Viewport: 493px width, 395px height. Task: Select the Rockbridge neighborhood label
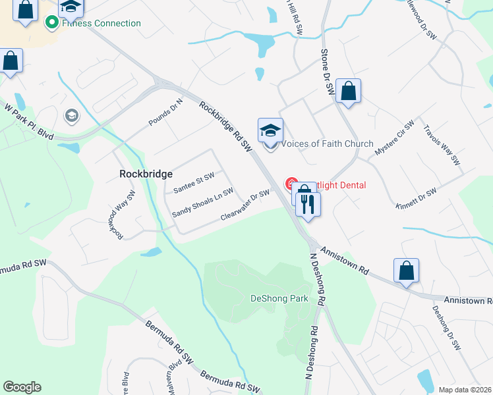point(146,174)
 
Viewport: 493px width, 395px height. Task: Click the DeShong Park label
point(279,298)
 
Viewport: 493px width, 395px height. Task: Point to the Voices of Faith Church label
point(328,144)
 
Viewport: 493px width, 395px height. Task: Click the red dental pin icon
point(290,184)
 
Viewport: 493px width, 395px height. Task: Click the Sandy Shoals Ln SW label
point(202,203)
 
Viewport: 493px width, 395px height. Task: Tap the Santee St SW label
point(194,183)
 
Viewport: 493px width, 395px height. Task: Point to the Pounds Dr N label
point(165,112)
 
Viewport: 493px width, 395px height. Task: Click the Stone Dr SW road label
point(328,72)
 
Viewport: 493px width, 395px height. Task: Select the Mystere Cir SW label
point(394,138)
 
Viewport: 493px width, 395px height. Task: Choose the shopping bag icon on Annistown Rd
point(406,271)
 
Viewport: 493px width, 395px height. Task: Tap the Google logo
point(22,387)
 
